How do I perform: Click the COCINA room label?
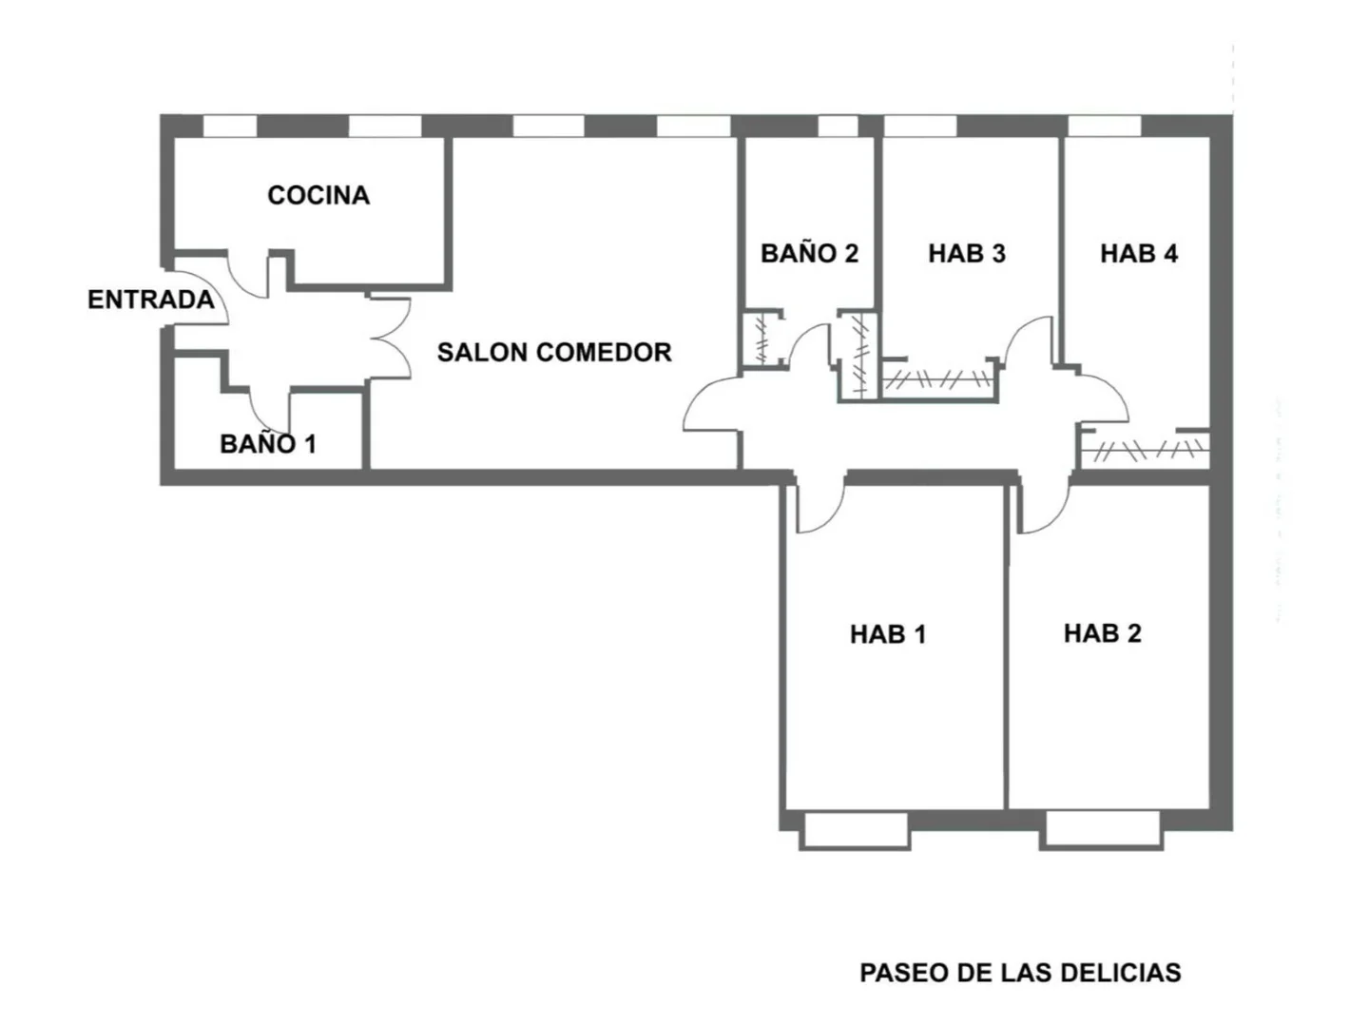(x=318, y=195)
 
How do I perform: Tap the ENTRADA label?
(x=150, y=300)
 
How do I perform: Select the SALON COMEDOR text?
(x=554, y=352)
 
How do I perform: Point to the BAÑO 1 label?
(x=267, y=443)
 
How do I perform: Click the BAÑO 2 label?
(x=809, y=253)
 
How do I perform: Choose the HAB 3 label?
(x=966, y=253)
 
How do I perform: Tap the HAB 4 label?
(x=1138, y=253)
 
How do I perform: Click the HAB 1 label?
(x=887, y=633)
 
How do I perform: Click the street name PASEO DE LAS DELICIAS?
(x=1020, y=972)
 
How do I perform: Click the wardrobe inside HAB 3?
(x=937, y=380)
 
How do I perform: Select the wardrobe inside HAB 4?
(x=1145, y=449)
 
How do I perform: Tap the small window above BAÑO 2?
(x=838, y=126)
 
